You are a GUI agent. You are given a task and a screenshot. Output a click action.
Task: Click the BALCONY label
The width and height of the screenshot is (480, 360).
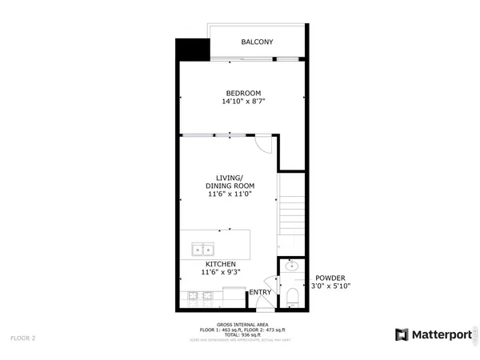click(258, 42)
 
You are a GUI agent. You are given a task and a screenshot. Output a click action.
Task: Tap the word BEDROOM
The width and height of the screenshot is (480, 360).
click(242, 93)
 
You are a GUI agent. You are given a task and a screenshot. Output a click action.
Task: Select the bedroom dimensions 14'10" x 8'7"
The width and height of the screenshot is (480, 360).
click(242, 102)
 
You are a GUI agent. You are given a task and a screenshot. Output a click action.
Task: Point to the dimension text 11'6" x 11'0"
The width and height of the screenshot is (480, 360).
click(230, 194)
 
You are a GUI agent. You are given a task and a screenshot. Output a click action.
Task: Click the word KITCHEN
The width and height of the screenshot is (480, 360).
click(221, 263)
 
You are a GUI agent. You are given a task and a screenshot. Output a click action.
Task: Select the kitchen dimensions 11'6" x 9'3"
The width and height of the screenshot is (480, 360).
click(221, 272)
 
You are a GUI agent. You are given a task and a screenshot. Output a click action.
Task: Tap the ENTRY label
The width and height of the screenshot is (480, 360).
click(260, 292)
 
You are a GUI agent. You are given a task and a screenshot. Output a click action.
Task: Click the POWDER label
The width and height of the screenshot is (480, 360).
click(330, 278)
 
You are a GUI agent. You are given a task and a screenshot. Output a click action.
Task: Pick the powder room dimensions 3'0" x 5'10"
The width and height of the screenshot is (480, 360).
click(330, 286)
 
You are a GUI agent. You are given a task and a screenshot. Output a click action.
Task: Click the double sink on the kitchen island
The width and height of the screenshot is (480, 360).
click(202, 250)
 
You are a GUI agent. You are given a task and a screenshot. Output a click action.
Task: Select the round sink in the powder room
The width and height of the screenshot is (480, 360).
click(292, 266)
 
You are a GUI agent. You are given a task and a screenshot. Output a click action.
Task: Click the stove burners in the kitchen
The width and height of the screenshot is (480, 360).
click(201, 296)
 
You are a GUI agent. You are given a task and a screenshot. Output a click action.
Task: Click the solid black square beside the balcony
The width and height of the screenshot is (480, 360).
click(190, 50)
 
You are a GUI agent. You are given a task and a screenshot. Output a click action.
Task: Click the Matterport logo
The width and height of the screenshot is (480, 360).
click(433, 334)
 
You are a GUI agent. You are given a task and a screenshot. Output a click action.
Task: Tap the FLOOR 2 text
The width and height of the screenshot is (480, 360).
click(22, 338)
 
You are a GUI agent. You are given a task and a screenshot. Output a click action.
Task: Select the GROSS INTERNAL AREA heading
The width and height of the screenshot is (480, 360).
click(242, 325)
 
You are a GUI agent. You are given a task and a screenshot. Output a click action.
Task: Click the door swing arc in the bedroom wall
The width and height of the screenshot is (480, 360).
click(264, 145)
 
